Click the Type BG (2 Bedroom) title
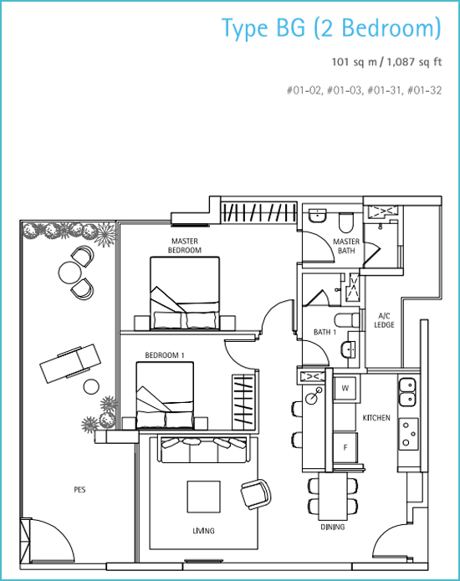pyautogui.click(x=331, y=28)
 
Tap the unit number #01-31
pyautogui.click(x=385, y=90)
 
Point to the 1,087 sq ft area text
pyautogui.click(x=414, y=62)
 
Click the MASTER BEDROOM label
pyautogui.click(x=185, y=246)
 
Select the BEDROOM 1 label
pyautogui.click(x=165, y=355)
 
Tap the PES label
pyautogui.click(x=79, y=490)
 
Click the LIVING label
pyautogui.click(x=203, y=531)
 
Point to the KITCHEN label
pyautogui.click(x=376, y=418)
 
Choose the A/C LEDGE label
pyautogui.click(x=384, y=320)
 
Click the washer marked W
pyautogui.click(x=345, y=389)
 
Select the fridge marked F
pyautogui.click(x=345, y=447)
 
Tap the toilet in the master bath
pyautogui.click(x=346, y=222)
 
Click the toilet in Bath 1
pyautogui.click(x=347, y=320)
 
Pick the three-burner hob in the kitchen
pyautogui.click(x=408, y=434)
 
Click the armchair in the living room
pyautogui.click(x=256, y=492)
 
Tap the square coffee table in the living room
pyautogui.click(x=203, y=497)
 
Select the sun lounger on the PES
pyautogui.click(x=70, y=364)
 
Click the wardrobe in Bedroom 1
pyautogui.click(x=243, y=401)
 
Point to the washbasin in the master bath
pyautogui.click(x=317, y=216)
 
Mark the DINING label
pyautogui.click(x=333, y=527)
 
